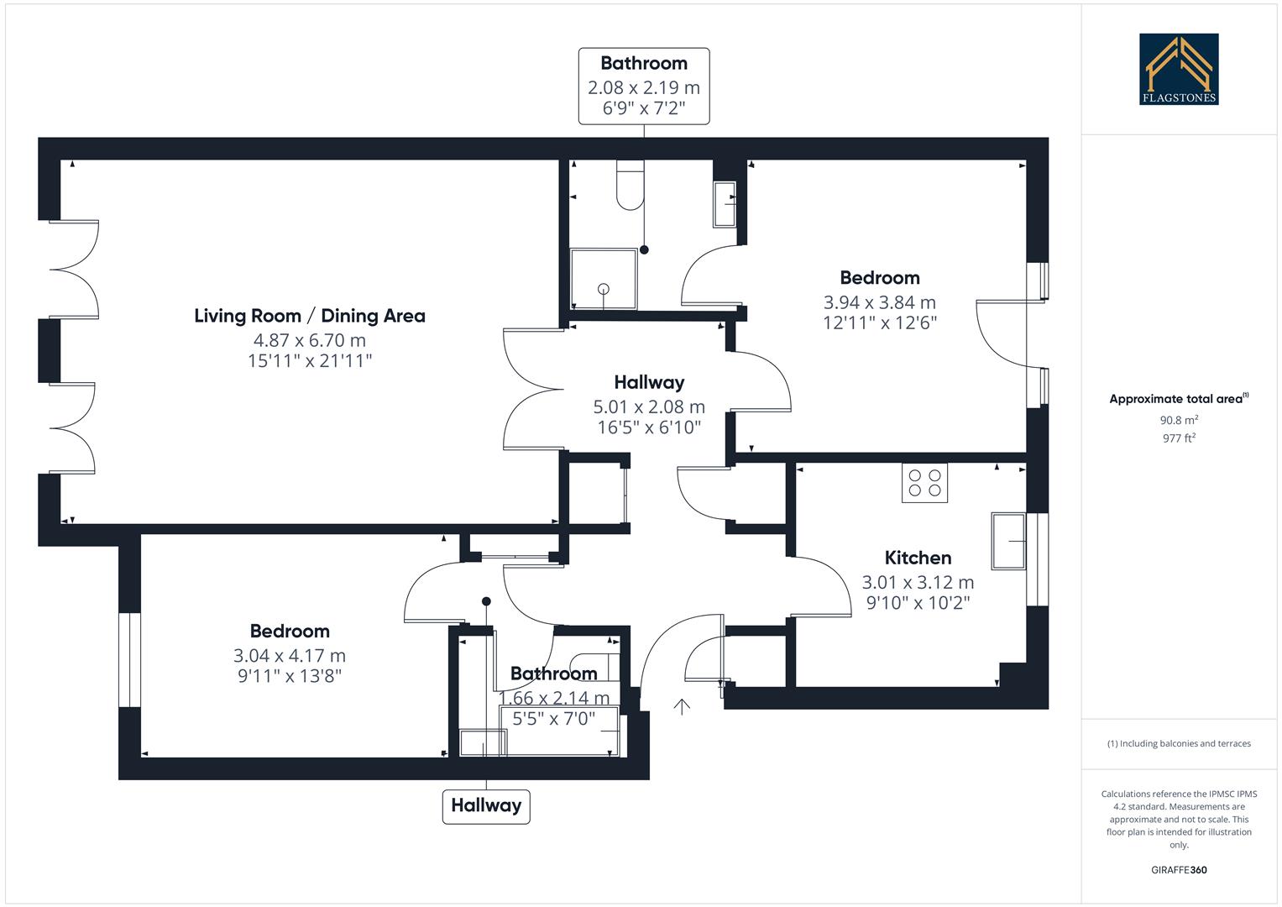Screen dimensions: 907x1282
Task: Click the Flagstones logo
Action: point(1178,69)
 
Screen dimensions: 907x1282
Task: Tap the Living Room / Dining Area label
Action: point(310,316)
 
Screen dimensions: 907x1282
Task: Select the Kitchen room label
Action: point(918,558)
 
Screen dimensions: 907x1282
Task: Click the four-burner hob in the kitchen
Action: point(924,483)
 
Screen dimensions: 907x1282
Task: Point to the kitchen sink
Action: point(1008,541)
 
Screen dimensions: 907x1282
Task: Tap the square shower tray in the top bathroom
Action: point(603,279)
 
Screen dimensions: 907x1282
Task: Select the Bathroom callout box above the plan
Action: point(644,87)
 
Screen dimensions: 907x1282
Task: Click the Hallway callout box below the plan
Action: point(486,805)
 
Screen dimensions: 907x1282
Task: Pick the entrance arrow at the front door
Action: point(682,706)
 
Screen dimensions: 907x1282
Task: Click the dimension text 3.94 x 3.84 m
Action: point(879,302)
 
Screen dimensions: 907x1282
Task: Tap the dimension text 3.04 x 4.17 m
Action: point(290,655)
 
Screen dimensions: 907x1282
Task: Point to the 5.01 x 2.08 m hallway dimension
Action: point(649,406)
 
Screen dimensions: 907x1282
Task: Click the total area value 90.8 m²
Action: point(1179,420)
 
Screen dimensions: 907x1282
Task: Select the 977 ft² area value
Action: point(1179,438)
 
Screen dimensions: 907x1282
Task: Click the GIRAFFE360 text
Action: point(1179,870)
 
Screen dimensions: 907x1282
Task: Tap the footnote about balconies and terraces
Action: point(1179,743)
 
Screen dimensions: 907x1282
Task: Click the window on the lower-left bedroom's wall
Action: point(129,660)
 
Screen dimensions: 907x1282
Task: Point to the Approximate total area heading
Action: point(1178,399)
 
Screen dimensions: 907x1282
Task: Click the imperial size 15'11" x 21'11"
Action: point(310,361)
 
